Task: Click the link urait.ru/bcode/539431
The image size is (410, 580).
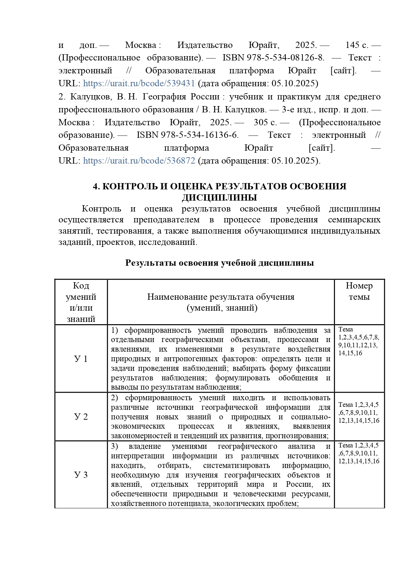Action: [x=139, y=83]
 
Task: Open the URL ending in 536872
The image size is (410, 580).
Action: [x=139, y=161]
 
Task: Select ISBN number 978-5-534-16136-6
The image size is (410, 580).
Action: [x=188, y=135]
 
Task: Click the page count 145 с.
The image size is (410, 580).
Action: [x=357, y=45]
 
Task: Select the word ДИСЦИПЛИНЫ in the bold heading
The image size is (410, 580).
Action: [x=219, y=198]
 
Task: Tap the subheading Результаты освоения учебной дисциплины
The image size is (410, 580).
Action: [x=219, y=263]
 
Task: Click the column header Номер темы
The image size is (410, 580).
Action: [x=359, y=291]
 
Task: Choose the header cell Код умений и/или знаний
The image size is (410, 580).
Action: [x=81, y=302]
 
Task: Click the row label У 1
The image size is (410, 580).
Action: [x=81, y=359]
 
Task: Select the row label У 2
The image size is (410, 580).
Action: [x=81, y=416]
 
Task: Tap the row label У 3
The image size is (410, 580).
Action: [x=81, y=475]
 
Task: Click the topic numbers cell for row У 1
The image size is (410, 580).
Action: [x=358, y=341]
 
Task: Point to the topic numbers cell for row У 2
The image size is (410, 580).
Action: [x=359, y=413]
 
